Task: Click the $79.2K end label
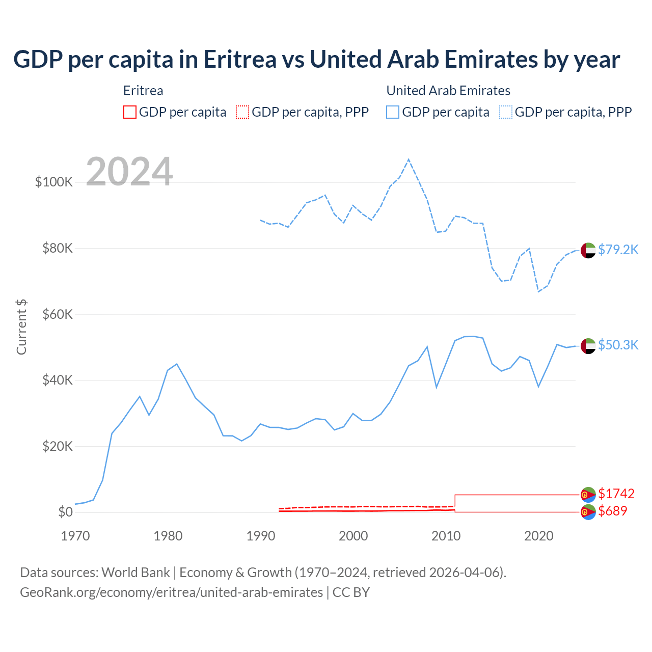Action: click(x=618, y=250)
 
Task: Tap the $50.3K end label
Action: click(x=618, y=345)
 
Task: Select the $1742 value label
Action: click(x=616, y=494)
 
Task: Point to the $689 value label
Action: click(x=613, y=511)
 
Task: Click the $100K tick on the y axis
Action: click(x=54, y=182)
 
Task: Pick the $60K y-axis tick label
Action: click(x=58, y=314)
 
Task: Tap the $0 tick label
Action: click(x=65, y=512)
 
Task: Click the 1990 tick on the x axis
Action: click(x=261, y=536)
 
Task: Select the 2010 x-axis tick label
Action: click(x=446, y=536)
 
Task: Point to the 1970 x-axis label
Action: click(x=75, y=536)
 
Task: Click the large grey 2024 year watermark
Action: click(x=129, y=172)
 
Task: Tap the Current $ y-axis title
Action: click(x=21, y=327)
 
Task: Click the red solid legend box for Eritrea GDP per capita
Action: click(x=130, y=112)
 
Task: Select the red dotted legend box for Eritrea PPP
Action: click(x=242, y=112)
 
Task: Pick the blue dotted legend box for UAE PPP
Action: click(x=506, y=112)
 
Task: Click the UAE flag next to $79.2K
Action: click(x=588, y=251)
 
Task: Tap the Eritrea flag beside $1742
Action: click(x=588, y=494)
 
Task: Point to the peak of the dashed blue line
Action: click(x=409, y=160)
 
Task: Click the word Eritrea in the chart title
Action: click(x=240, y=60)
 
